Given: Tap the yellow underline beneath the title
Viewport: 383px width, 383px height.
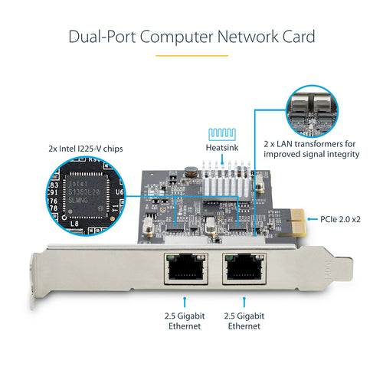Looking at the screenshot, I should click(x=191, y=55).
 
